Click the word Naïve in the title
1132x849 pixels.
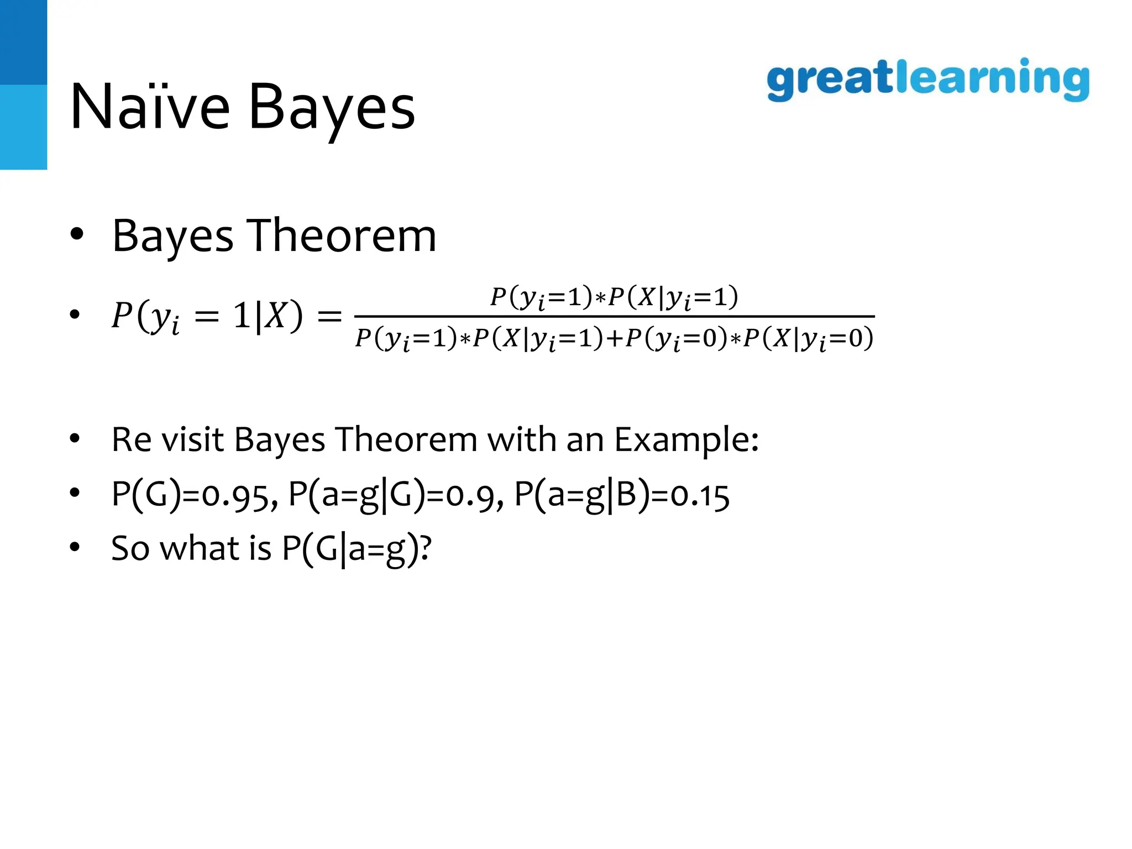(150, 107)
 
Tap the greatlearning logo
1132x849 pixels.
(928, 80)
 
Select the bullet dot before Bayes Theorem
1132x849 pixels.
(76, 234)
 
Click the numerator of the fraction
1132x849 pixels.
(614, 298)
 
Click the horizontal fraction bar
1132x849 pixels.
(614, 317)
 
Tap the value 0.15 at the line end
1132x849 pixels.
(700, 495)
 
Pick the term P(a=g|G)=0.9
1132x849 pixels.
(396, 495)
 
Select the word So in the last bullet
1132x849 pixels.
(130, 548)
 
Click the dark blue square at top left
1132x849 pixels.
(23, 42)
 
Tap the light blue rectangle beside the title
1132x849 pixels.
(23, 127)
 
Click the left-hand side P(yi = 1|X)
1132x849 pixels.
(207, 317)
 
